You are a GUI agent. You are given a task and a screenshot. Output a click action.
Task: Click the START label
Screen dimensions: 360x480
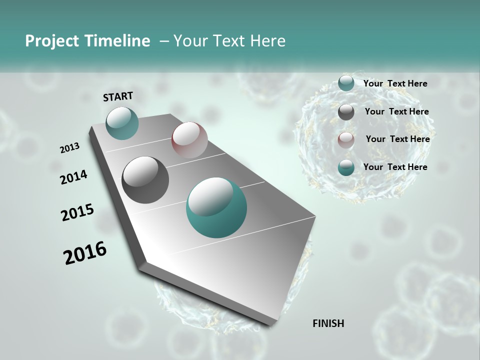(x=118, y=96)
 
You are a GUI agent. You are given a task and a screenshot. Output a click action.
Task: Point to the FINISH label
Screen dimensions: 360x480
(x=328, y=323)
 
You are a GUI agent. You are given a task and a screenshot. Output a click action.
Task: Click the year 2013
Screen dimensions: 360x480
(x=70, y=148)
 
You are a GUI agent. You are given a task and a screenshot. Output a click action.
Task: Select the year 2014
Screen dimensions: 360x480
(x=73, y=177)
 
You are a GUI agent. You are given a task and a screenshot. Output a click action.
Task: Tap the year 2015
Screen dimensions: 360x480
(x=77, y=212)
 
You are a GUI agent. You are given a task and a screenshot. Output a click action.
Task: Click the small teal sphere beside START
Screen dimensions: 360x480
(x=122, y=123)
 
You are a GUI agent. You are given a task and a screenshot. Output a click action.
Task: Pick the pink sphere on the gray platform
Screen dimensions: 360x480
(x=189, y=140)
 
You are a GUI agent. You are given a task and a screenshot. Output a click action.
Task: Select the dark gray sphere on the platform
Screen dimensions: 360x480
(x=145, y=180)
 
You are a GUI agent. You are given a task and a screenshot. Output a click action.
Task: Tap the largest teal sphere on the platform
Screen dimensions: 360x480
(x=216, y=207)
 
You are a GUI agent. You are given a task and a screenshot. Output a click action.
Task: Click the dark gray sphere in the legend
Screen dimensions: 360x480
(x=346, y=112)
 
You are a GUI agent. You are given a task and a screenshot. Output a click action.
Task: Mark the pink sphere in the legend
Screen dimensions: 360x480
(x=346, y=140)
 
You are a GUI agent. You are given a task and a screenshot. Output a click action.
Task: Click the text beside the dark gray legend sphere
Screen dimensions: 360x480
(x=396, y=111)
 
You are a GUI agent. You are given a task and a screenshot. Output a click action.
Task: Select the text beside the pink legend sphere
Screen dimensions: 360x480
(x=397, y=139)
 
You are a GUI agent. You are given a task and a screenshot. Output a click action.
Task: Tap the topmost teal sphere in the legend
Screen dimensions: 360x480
(x=346, y=83)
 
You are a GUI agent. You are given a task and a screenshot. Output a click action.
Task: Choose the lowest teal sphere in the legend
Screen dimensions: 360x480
(x=346, y=167)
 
